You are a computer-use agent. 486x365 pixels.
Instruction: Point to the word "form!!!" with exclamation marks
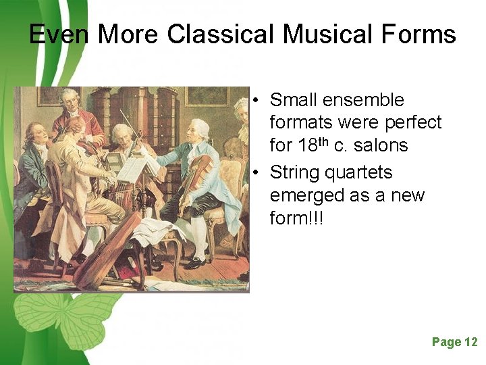point(297,218)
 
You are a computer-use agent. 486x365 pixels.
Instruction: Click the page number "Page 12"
point(454,342)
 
